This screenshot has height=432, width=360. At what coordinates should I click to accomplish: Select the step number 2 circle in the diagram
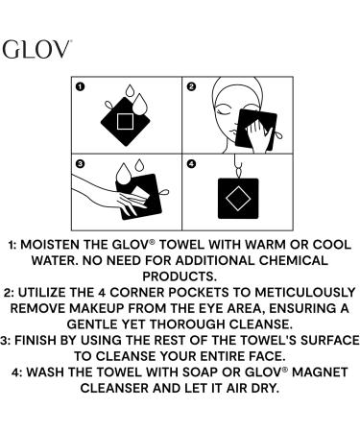[x=190, y=86]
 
